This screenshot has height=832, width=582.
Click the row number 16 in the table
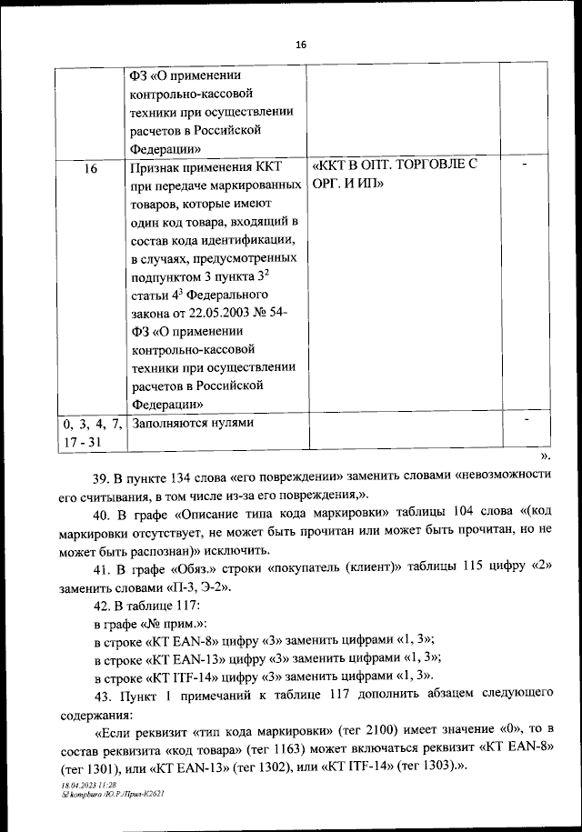pyautogui.click(x=90, y=168)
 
